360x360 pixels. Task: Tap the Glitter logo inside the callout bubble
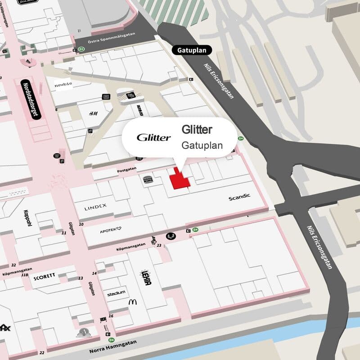[153, 137]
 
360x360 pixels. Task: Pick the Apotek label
[110, 231]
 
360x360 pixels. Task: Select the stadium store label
[116, 293]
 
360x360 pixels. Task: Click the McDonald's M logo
[132, 301]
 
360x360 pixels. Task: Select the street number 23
[159, 245]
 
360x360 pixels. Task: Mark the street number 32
[14, 265]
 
